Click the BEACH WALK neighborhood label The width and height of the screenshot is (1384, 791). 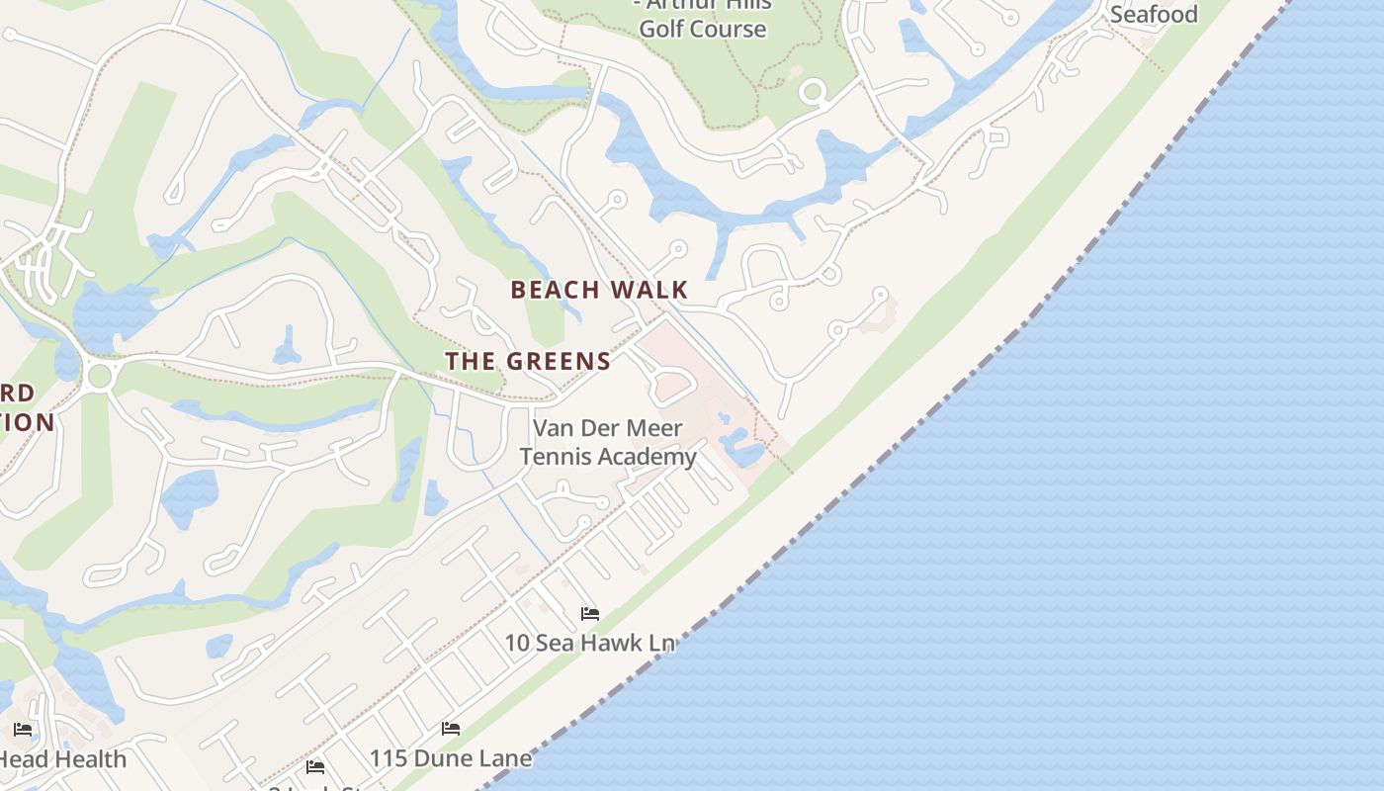click(599, 290)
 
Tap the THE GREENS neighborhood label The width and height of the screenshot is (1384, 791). click(528, 361)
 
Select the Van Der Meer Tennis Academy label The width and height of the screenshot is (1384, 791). click(608, 442)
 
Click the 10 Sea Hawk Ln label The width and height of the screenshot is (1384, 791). click(589, 643)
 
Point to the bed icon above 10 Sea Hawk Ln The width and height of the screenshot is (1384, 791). click(590, 614)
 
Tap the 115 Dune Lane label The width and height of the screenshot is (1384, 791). click(451, 758)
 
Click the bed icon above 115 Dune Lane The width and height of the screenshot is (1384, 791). click(451, 729)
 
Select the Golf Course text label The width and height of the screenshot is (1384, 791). click(702, 29)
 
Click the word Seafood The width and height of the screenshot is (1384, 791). click(1154, 14)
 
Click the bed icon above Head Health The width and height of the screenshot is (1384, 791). click(23, 731)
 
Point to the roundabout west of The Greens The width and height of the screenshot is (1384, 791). click(99, 376)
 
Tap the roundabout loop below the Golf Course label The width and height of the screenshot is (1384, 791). click(813, 93)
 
